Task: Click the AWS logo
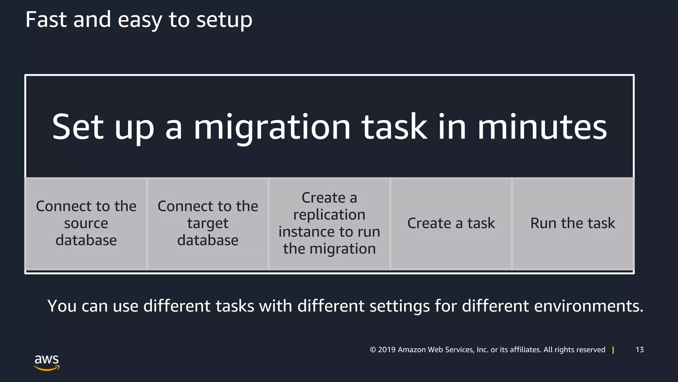pyautogui.click(x=47, y=362)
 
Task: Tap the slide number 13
pyautogui.click(x=640, y=350)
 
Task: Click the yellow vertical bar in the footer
pyautogui.click(x=613, y=350)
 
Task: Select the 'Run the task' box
pyautogui.click(x=573, y=223)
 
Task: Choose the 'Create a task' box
pyautogui.click(x=451, y=223)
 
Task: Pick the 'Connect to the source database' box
pyautogui.click(x=86, y=223)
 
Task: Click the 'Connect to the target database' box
pyautogui.click(x=208, y=223)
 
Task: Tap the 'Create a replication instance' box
pyautogui.click(x=329, y=223)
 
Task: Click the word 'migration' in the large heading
pyautogui.click(x=272, y=127)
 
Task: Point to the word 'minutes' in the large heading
pyautogui.click(x=542, y=127)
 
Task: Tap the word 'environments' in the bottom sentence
pyautogui.click(x=585, y=306)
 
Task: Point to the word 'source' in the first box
pyautogui.click(x=86, y=223)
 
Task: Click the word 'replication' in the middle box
pyautogui.click(x=329, y=215)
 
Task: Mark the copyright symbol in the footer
pyautogui.click(x=373, y=350)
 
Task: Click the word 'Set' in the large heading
pyautogui.click(x=78, y=127)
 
